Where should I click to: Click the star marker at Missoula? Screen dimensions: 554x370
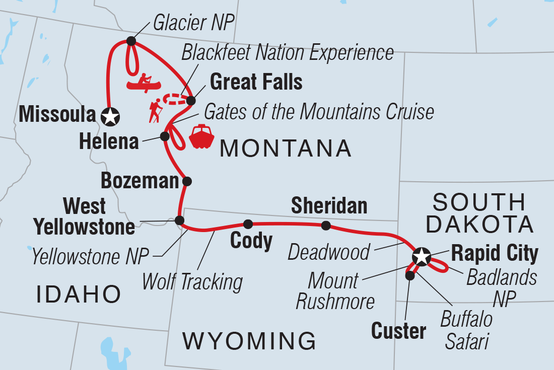(x=110, y=117)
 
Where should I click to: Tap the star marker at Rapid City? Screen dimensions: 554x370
(x=421, y=258)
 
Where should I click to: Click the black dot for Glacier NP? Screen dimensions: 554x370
(x=131, y=41)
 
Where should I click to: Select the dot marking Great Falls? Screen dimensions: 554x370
(x=191, y=101)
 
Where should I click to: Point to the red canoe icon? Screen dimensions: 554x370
(x=142, y=84)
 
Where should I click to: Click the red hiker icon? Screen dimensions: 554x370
(x=155, y=111)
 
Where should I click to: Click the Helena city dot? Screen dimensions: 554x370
(x=164, y=136)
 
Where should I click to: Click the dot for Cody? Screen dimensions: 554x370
(x=248, y=224)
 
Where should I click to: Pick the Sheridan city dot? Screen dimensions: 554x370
(x=326, y=226)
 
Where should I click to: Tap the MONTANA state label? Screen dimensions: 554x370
(x=286, y=149)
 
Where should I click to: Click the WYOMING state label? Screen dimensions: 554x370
(x=249, y=341)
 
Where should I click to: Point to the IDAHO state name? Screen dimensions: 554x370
(x=79, y=293)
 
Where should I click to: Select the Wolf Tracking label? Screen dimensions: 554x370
(x=192, y=282)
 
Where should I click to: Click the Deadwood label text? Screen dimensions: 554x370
(x=329, y=252)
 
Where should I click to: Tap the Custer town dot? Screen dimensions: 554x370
(x=410, y=275)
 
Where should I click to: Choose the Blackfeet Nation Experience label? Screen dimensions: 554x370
(x=288, y=52)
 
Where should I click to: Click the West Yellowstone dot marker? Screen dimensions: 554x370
(x=179, y=220)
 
